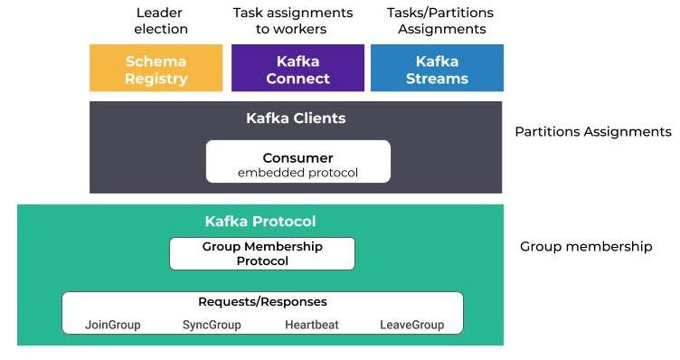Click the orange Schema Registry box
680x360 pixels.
click(156, 69)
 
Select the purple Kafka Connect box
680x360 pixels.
click(297, 69)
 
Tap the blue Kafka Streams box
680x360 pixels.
click(437, 69)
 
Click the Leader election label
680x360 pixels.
click(161, 21)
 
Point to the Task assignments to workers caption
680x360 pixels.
click(292, 21)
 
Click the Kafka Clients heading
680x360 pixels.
click(296, 118)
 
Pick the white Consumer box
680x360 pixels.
click(297, 162)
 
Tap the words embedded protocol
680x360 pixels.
click(297, 173)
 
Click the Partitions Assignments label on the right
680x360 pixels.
click(592, 132)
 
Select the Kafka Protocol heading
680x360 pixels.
click(260, 222)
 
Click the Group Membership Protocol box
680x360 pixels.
click(262, 253)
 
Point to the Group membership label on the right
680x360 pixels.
click(585, 246)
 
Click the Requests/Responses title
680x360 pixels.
click(262, 301)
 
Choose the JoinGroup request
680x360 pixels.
click(113, 324)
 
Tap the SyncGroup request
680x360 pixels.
click(212, 324)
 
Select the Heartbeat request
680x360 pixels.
click(312, 324)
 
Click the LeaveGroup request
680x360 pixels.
click(411, 324)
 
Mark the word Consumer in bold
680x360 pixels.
click(297, 157)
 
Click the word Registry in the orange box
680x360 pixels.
click(156, 78)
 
